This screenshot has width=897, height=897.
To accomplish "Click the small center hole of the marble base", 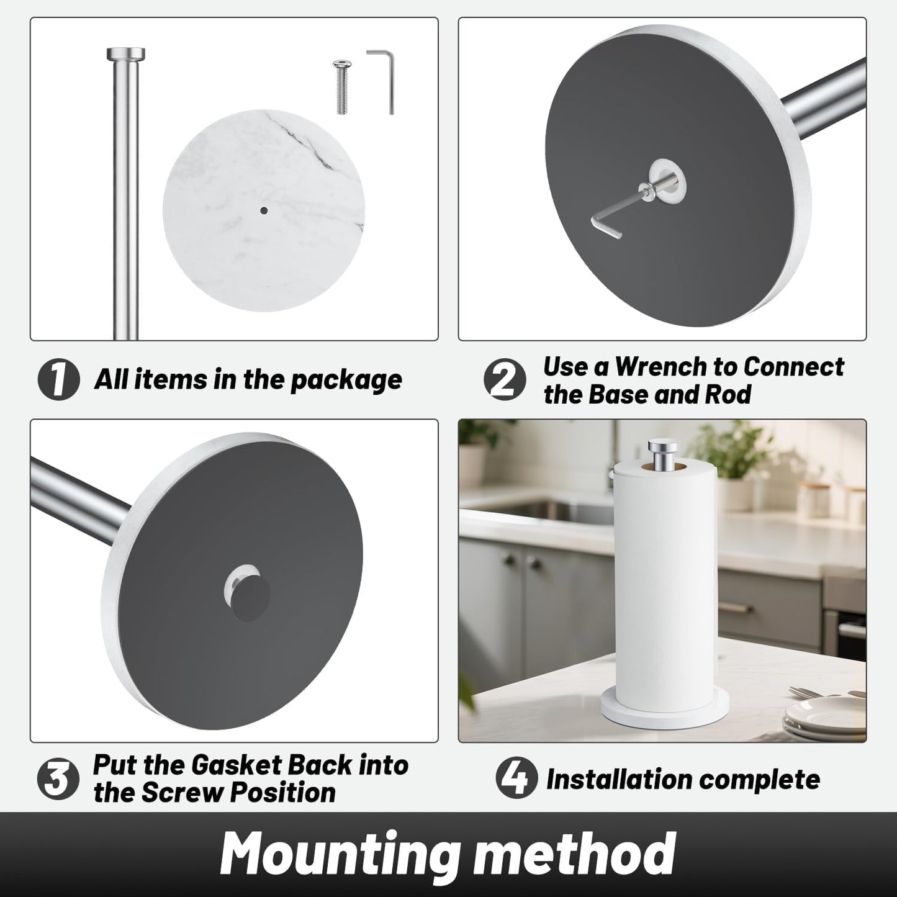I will (x=264, y=211).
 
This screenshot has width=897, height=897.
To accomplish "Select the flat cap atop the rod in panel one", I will (x=126, y=53).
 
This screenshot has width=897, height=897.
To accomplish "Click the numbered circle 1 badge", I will (x=58, y=380).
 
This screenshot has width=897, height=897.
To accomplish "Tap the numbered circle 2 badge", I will (x=505, y=380).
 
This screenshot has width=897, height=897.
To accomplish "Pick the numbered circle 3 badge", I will (x=58, y=780).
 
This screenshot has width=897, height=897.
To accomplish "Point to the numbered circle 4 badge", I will (x=516, y=780).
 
